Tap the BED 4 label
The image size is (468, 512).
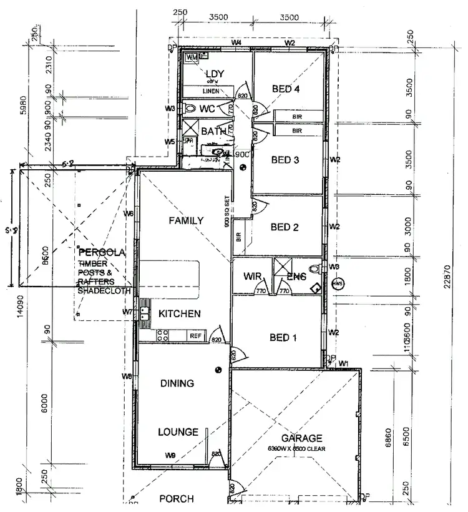[286, 89]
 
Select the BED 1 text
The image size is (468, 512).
[283, 338]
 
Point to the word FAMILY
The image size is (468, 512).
[186, 220]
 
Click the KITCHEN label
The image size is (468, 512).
[179, 313]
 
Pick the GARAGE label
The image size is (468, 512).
[301, 438]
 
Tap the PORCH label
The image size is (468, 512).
[177, 499]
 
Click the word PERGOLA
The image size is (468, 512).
[103, 253]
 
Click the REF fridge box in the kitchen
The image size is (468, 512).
[195, 336]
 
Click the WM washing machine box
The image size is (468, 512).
[192, 58]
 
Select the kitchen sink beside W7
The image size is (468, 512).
[145, 310]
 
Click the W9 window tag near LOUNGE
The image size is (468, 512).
[170, 455]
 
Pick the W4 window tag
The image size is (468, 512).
[236, 42]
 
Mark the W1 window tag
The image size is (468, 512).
[343, 363]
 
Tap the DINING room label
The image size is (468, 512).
[177, 383]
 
